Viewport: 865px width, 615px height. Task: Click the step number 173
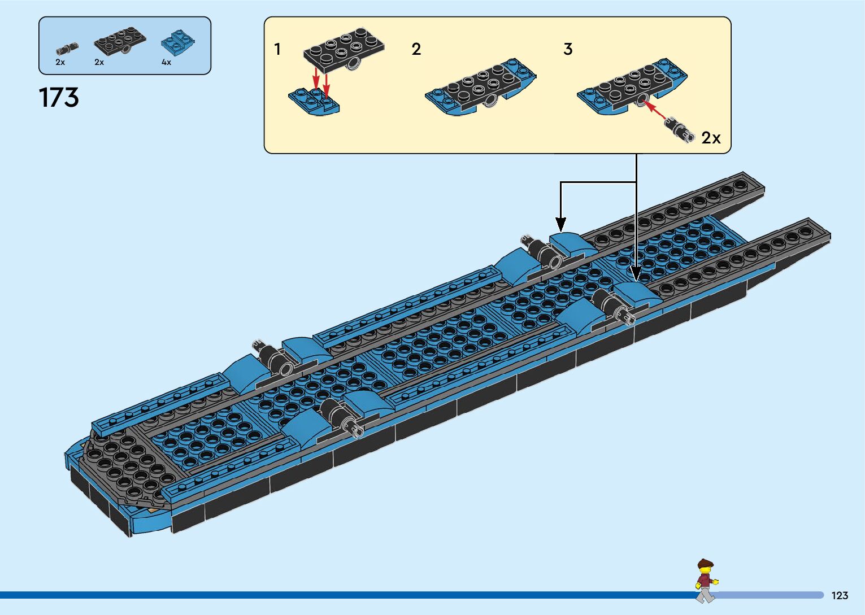tap(59, 98)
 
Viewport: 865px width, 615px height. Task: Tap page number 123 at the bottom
tap(840, 595)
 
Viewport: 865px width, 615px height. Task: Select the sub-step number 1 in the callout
tap(277, 50)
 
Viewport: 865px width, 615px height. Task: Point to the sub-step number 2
tap(416, 50)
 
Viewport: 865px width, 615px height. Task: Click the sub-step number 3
tap(568, 50)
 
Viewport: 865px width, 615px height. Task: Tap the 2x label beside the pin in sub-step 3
tap(711, 138)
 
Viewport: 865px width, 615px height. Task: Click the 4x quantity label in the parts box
tap(166, 63)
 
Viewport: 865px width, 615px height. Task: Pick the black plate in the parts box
tap(119, 41)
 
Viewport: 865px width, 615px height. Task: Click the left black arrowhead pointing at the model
tap(560, 224)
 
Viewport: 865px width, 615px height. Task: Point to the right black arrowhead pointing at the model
tap(636, 274)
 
